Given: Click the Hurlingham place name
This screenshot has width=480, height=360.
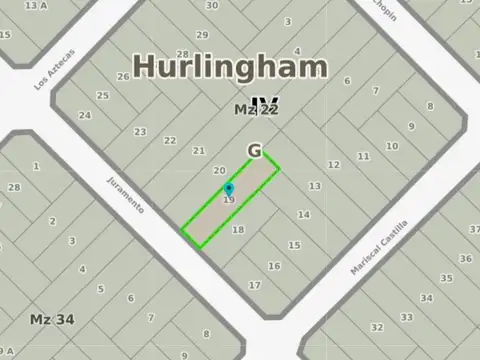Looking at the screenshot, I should tap(230, 67).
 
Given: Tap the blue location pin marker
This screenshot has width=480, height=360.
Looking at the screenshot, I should tap(229, 190).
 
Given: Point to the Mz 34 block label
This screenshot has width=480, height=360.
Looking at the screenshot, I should tap(47, 320).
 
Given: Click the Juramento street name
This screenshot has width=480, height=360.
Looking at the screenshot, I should tap(125, 191).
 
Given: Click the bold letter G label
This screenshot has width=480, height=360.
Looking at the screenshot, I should tap(255, 151).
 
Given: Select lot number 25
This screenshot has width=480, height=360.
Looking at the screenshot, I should tap(102, 96).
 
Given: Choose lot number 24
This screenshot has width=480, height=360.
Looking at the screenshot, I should tap(85, 115).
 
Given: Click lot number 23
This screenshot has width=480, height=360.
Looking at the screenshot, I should tap(140, 132).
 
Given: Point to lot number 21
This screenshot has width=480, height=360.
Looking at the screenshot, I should tap(199, 151).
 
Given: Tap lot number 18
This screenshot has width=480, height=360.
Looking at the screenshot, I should tap(238, 230).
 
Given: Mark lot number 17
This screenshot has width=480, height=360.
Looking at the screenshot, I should tap(255, 285).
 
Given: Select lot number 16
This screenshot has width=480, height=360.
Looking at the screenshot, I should tap(274, 266).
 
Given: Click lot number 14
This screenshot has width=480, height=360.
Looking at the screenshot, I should tap(303, 214).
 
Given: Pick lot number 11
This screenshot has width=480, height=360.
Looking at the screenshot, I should tap(364, 156).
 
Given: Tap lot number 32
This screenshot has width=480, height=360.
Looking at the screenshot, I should tap(376, 326).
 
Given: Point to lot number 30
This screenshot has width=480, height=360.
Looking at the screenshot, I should tap(212, 5).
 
